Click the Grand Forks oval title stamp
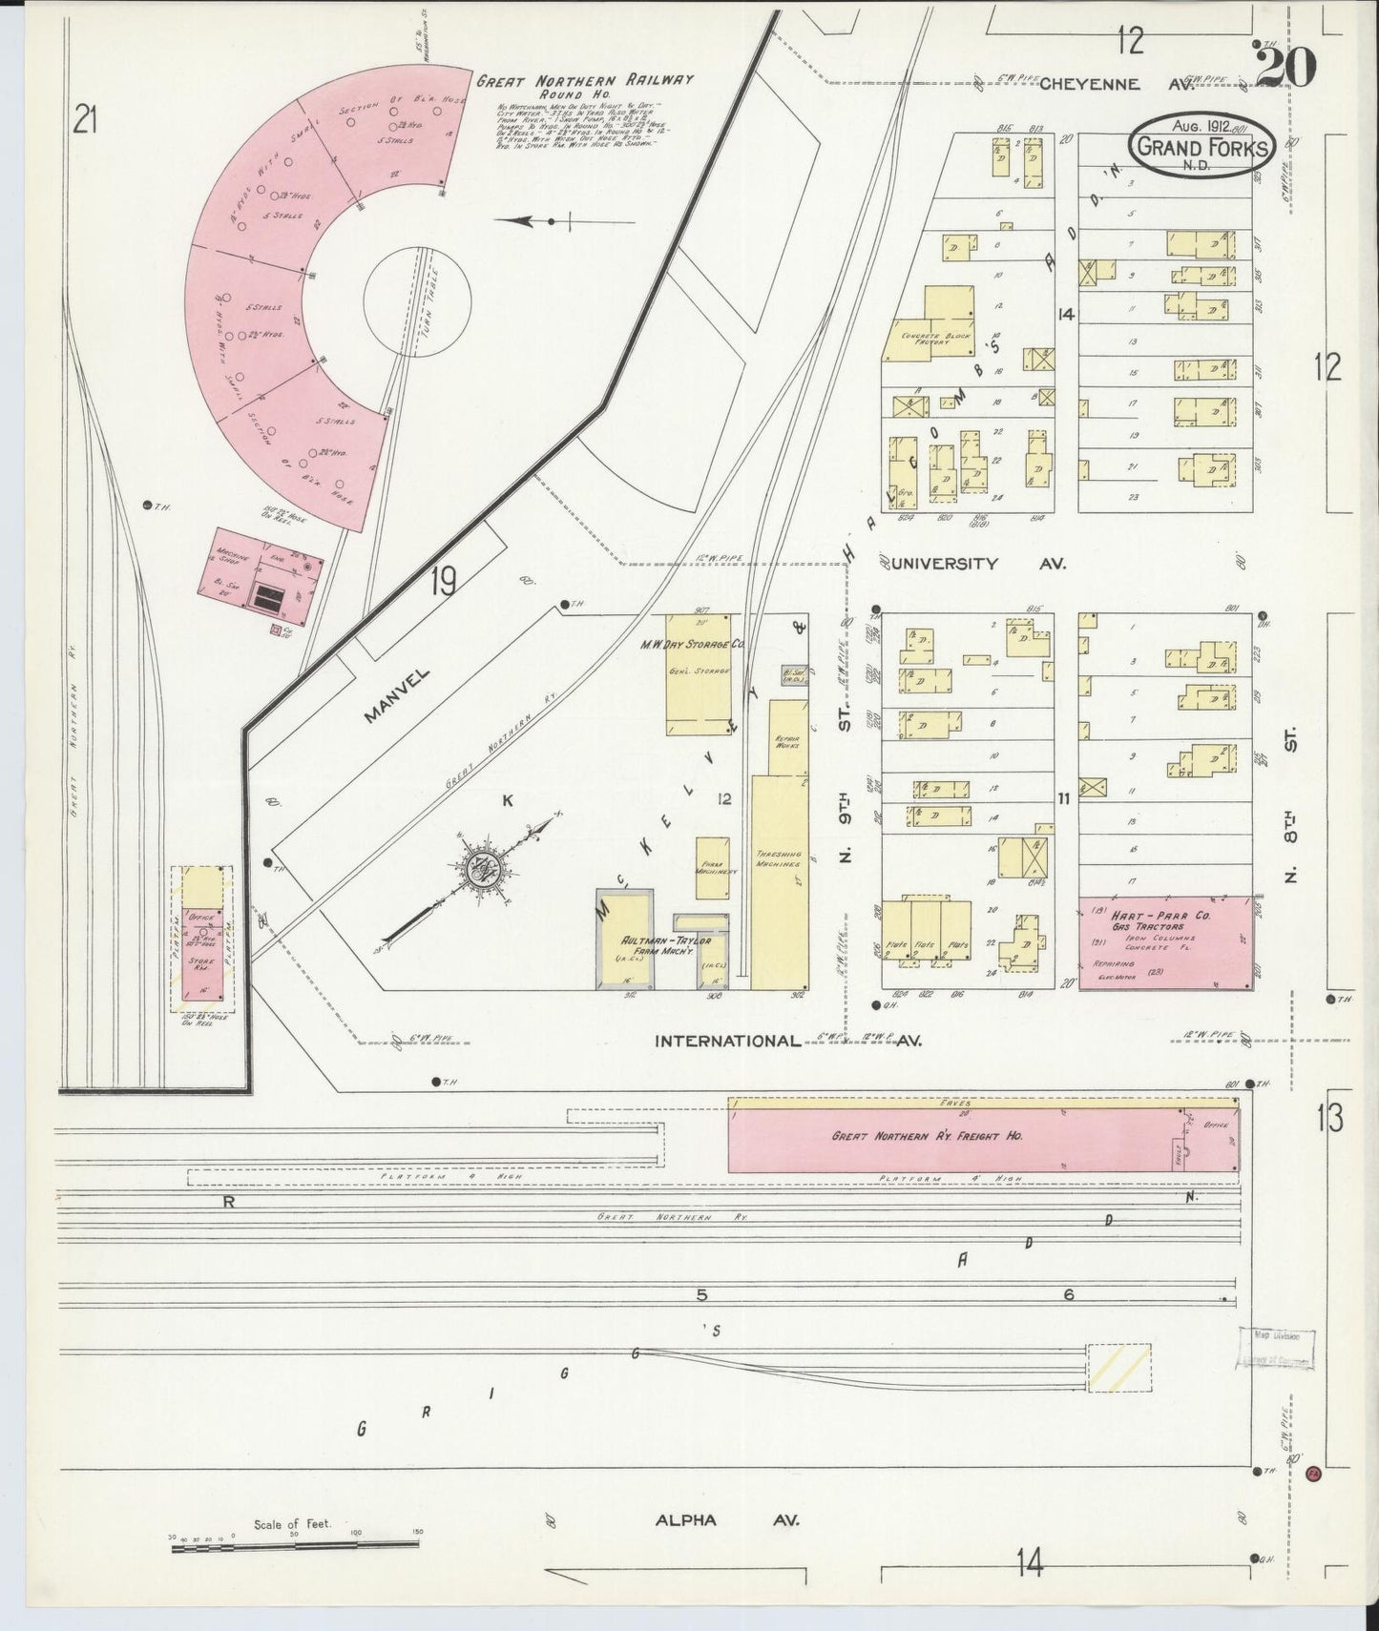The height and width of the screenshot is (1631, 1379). [x=1201, y=146]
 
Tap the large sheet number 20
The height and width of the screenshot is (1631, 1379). [x=1285, y=67]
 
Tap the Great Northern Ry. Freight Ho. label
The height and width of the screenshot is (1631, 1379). [x=927, y=1137]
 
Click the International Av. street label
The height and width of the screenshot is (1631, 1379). [x=785, y=1041]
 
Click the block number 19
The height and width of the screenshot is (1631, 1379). [x=442, y=581]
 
